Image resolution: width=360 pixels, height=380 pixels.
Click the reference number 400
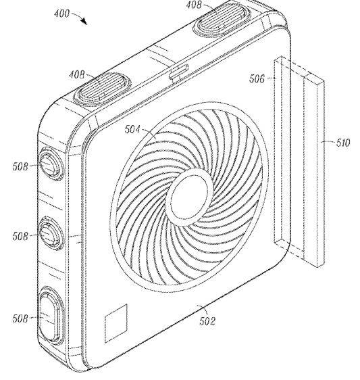coord(61,14)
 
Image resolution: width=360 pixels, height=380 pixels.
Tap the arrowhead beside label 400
coord(84,22)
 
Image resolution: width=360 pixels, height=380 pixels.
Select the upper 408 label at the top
coord(194,5)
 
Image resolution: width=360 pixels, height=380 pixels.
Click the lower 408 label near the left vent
coord(77,74)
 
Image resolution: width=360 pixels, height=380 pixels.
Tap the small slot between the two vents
coord(179,72)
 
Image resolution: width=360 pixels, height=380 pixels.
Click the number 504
coord(132,129)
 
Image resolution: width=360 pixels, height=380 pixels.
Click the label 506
coord(257,78)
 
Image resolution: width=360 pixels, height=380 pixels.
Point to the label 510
coord(343,143)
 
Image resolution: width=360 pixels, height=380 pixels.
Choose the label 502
coord(207,321)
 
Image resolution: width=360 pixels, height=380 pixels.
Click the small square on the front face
coord(116,323)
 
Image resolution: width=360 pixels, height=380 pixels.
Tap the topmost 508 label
coord(20,167)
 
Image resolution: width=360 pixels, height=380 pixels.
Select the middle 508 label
coord(20,236)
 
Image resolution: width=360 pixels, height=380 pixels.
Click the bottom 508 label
coord(20,318)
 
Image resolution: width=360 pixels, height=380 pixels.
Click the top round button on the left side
coord(51,164)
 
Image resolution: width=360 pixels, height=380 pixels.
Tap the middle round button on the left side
coord(51,233)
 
